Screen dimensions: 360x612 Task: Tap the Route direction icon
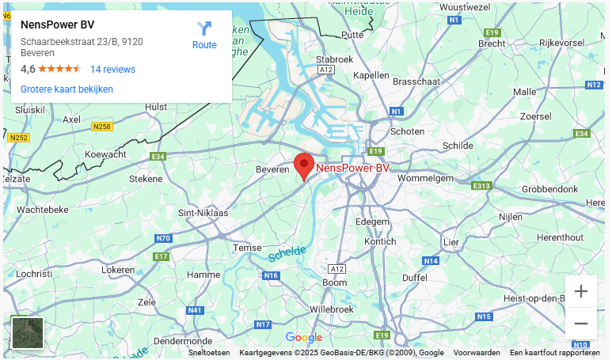click(204, 29)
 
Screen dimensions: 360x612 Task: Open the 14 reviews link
click(112, 70)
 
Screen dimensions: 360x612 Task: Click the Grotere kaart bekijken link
click(67, 89)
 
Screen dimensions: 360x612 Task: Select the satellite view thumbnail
click(28, 333)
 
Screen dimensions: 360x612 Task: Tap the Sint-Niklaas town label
click(203, 213)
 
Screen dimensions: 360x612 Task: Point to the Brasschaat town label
click(415, 81)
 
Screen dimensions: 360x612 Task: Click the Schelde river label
click(286, 253)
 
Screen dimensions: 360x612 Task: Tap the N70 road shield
click(163, 238)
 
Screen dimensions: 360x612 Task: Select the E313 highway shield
click(481, 186)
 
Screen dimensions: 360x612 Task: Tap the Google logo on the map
click(304, 338)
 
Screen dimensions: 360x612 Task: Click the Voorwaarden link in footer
click(477, 353)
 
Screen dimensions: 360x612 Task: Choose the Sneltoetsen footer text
click(209, 353)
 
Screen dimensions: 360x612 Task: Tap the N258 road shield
click(102, 127)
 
